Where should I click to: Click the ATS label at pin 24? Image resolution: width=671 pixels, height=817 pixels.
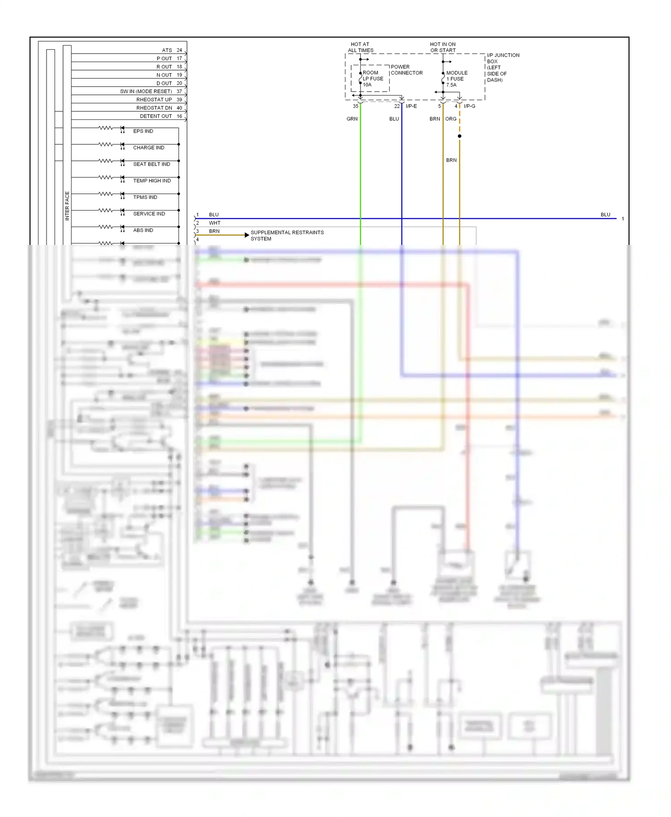pyautogui.click(x=167, y=51)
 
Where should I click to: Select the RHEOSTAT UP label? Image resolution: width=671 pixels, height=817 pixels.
pyautogui.click(x=154, y=100)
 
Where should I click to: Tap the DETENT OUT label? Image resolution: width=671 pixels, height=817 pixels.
pyautogui.click(x=156, y=116)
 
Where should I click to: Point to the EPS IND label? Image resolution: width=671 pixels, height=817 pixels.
pyautogui.click(x=143, y=131)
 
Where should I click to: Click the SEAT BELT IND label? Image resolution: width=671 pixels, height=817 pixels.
pyautogui.click(x=152, y=164)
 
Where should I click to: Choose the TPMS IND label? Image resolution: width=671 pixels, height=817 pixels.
pyautogui.click(x=145, y=198)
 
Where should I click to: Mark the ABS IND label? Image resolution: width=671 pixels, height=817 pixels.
pyautogui.click(x=143, y=231)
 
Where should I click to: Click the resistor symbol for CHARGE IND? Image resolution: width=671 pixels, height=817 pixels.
pyautogui.click(x=106, y=144)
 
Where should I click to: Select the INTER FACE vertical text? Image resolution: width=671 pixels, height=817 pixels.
pyautogui.click(x=67, y=206)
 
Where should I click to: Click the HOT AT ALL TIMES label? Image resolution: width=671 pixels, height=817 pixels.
pyautogui.click(x=361, y=47)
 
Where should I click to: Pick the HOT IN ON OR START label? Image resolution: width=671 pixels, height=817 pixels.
pyautogui.click(x=443, y=47)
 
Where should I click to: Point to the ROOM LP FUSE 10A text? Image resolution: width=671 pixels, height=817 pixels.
pyautogui.click(x=373, y=79)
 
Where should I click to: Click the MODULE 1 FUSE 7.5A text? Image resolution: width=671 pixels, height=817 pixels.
pyautogui.click(x=456, y=79)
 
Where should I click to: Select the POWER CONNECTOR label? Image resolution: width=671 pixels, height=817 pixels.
pyautogui.click(x=406, y=70)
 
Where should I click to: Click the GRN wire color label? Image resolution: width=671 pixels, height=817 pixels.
pyautogui.click(x=352, y=119)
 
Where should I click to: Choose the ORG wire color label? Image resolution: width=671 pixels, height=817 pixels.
pyautogui.click(x=451, y=119)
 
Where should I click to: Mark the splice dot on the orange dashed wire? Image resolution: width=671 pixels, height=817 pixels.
pyautogui.click(x=459, y=136)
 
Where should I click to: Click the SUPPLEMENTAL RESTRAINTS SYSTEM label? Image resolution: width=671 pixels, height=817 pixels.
pyautogui.click(x=287, y=236)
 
